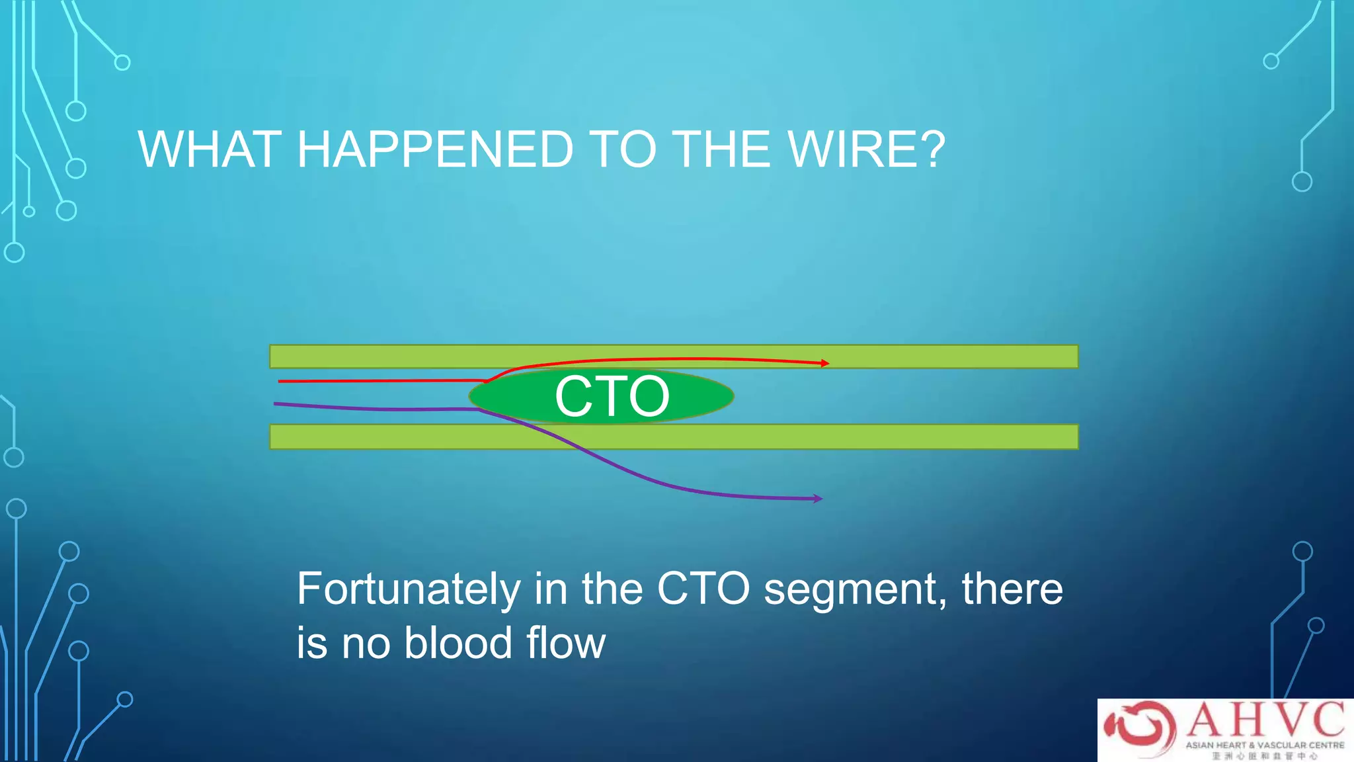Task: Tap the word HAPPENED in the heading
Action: point(434,150)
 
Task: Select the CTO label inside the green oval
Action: point(612,397)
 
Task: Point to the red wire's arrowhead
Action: point(824,363)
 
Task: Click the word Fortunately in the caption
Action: point(409,589)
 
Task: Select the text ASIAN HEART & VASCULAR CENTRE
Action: point(1264,745)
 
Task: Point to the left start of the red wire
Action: point(280,382)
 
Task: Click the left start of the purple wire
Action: point(276,403)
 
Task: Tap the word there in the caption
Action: point(1012,589)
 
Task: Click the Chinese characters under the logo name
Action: point(1264,755)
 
